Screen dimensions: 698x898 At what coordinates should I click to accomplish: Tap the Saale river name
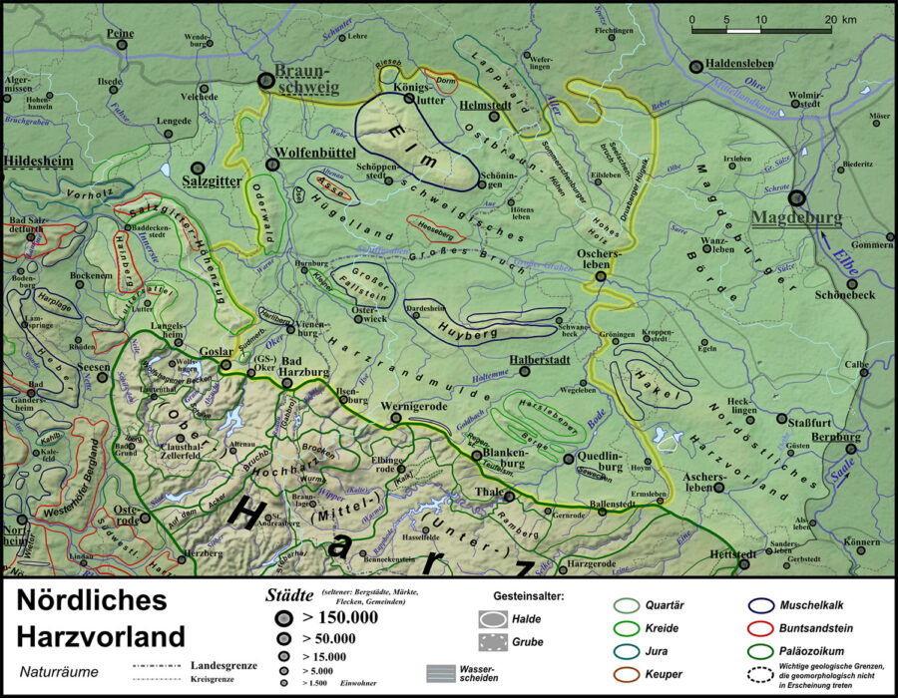click(x=845, y=475)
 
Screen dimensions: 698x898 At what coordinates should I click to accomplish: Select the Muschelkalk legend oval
click(x=765, y=605)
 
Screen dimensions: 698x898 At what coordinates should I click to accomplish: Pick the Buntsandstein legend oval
click(x=765, y=629)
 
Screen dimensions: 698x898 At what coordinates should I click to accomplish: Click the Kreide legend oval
click(x=627, y=629)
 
